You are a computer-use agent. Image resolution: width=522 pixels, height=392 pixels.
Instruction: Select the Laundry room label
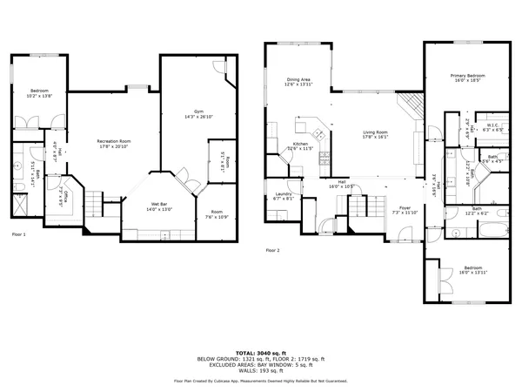283,196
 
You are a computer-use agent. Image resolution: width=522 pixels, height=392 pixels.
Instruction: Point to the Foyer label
405,210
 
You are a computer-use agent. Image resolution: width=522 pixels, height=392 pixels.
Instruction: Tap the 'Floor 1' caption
18,235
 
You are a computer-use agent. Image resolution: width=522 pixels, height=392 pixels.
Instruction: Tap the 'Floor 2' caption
273,250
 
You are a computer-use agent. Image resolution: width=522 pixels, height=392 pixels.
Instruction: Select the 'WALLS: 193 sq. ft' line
261,369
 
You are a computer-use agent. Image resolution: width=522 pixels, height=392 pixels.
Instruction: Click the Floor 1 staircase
93,206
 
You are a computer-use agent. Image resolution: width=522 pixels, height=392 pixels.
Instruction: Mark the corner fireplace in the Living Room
412,107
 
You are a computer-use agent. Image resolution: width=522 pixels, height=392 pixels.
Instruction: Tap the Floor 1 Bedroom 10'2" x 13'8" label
40,92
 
